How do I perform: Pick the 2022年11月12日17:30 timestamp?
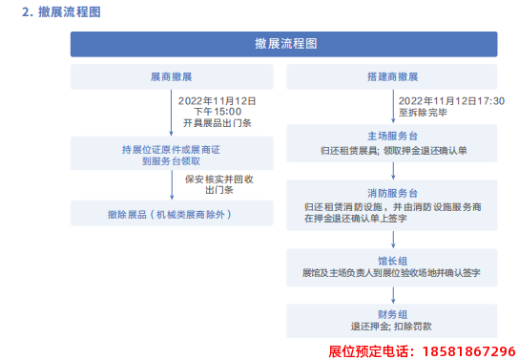(451, 100)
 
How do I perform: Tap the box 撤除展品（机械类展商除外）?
(171, 215)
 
